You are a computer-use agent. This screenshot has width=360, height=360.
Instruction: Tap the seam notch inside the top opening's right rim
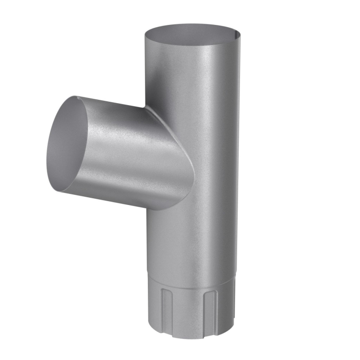click(x=236, y=34)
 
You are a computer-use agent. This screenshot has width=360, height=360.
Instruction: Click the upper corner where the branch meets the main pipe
click(x=146, y=108)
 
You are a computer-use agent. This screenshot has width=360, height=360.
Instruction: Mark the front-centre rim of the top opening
click(x=192, y=47)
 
